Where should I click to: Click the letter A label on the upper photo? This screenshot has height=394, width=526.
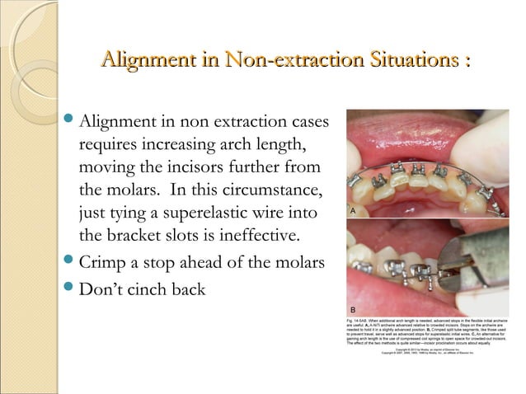[x=352, y=212]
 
